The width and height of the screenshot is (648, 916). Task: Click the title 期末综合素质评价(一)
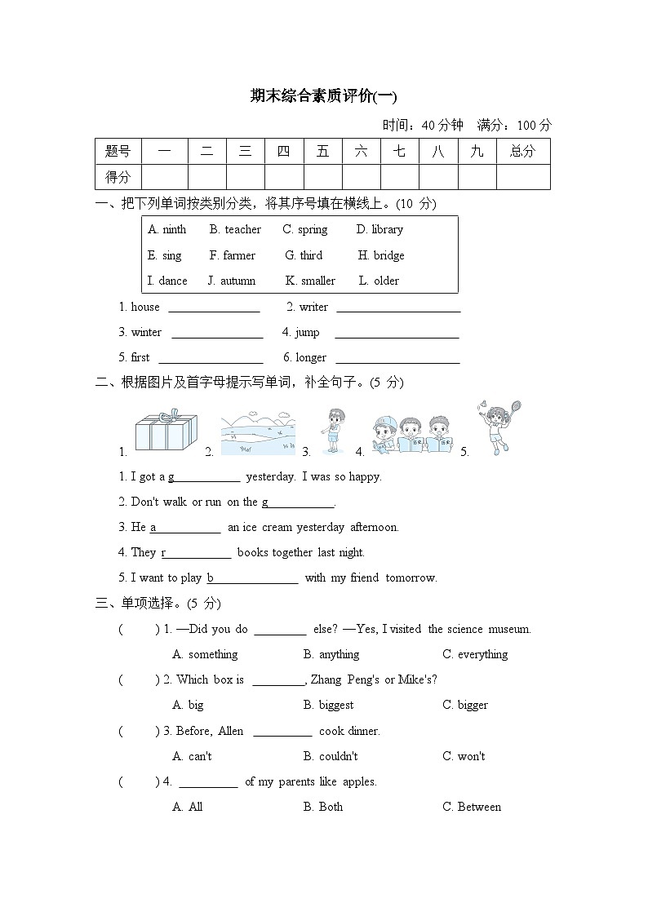(323, 97)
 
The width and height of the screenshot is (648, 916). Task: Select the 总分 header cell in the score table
(522, 151)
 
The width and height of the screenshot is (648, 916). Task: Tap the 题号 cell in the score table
(118, 151)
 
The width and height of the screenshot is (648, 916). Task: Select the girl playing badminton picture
(498, 427)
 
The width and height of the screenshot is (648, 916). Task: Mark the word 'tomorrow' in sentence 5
(411, 578)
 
